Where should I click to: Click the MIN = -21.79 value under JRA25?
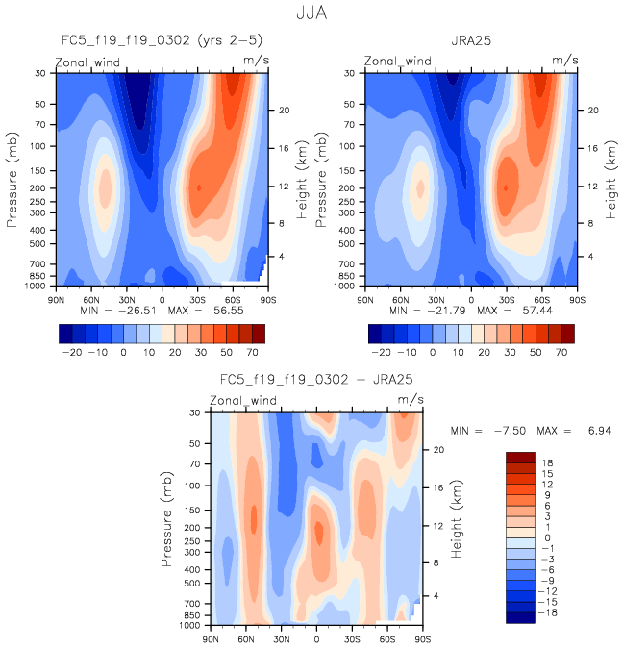click(x=425, y=311)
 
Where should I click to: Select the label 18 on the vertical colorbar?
click(x=546, y=461)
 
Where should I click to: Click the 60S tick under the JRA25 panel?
click(x=542, y=297)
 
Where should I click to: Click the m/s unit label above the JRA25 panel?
click(x=563, y=61)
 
